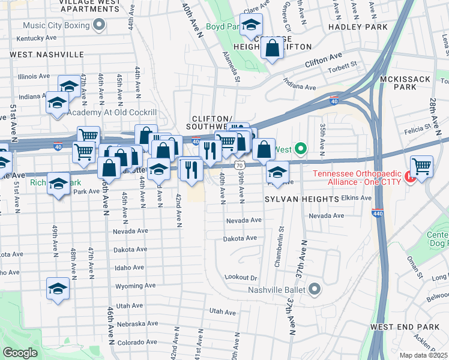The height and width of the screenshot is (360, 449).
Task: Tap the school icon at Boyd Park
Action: (250, 25)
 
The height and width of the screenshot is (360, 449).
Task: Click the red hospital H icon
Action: (411, 176)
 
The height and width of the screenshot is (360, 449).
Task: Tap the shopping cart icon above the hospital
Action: (422, 166)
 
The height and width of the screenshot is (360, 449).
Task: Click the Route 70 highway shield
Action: (240, 164)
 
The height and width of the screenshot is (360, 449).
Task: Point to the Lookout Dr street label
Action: (240, 278)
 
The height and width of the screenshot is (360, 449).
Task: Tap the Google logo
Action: (20, 353)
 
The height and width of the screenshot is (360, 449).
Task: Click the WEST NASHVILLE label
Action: (46, 54)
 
